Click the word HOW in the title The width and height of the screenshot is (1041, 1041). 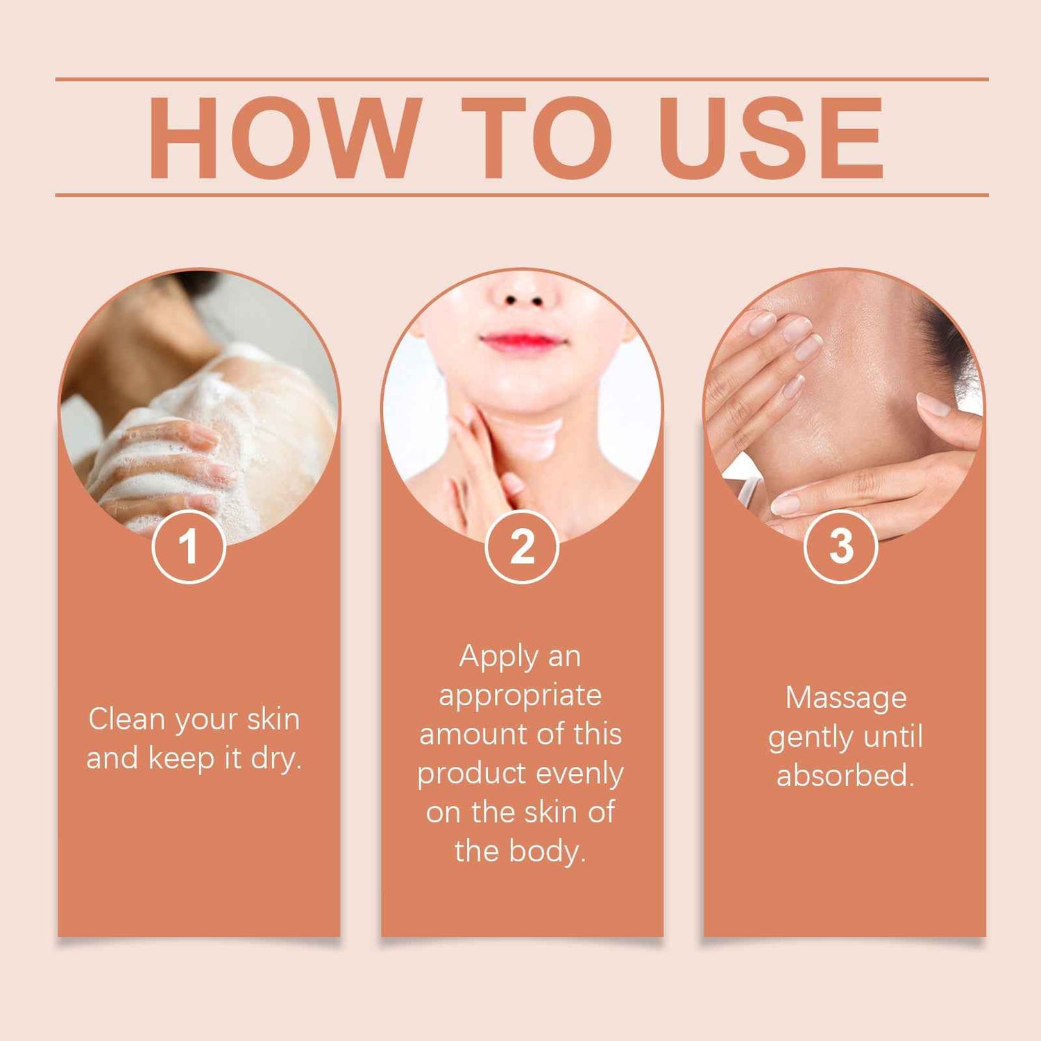(x=285, y=138)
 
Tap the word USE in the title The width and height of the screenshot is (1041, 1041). (x=771, y=138)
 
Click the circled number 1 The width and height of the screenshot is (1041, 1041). (x=189, y=546)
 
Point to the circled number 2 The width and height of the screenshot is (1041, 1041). (x=522, y=546)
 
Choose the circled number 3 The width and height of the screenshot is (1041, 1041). (x=841, y=546)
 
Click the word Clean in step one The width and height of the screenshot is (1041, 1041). (x=128, y=719)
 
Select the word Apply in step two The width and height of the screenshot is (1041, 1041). (x=499, y=657)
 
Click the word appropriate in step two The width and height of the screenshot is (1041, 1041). (x=520, y=696)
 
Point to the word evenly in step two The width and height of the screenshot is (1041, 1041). (x=580, y=774)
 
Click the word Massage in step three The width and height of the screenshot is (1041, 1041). (x=846, y=698)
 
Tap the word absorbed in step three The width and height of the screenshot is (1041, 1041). (x=845, y=775)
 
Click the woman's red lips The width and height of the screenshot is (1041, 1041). (x=522, y=341)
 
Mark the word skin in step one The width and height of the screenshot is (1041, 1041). (x=273, y=719)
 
